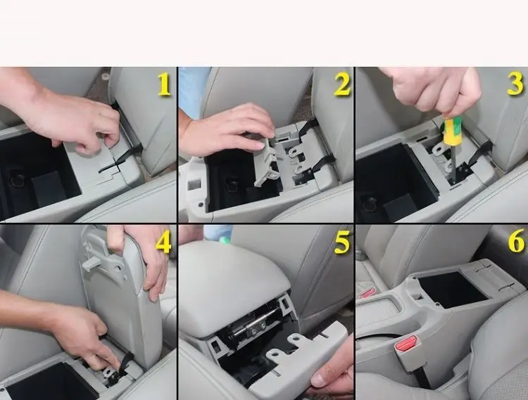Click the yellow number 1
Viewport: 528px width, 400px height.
click(x=164, y=84)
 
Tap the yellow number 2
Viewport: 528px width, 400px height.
click(x=342, y=84)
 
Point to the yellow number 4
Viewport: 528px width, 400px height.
click(x=163, y=242)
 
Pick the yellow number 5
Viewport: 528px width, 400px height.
click(x=342, y=242)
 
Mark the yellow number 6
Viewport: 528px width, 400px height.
click(x=516, y=240)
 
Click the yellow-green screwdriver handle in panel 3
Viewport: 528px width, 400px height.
click(x=451, y=131)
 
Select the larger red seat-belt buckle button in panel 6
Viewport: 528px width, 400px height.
click(x=407, y=344)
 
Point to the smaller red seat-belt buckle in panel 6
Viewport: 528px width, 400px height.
click(x=367, y=292)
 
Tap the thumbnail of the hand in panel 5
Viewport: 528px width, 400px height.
click(x=318, y=380)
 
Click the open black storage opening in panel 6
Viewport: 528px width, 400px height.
click(x=452, y=289)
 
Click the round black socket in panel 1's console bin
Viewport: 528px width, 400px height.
click(x=17, y=179)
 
